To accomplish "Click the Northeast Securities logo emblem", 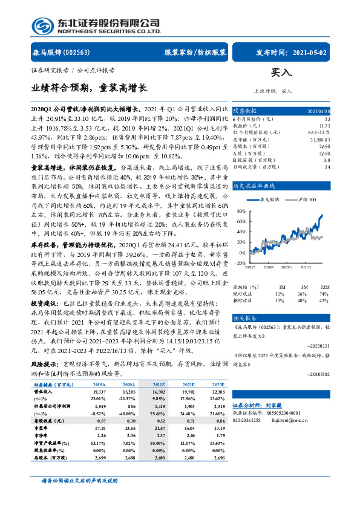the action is pyautogui.click(x=41, y=25).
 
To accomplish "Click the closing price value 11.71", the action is pyautogui.click(x=324, y=125).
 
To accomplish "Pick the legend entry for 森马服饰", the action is pyautogui.click(x=266, y=200).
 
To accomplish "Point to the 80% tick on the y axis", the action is pyautogui.click(x=241, y=211).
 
